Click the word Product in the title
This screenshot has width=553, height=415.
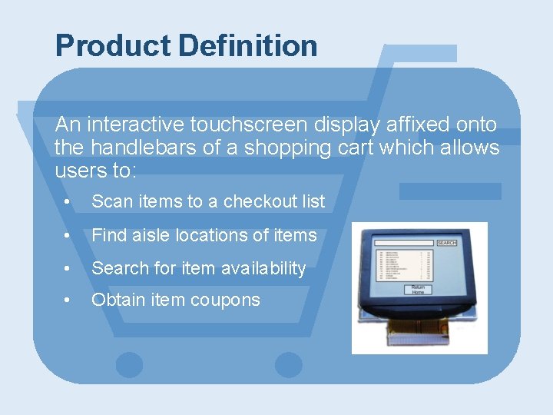click(113, 46)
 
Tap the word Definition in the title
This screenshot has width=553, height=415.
click(248, 46)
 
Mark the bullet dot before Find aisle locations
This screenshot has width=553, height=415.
click(69, 235)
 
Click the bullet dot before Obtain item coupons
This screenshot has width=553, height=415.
click(69, 300)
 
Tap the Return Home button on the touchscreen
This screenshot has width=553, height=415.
click(418, 290)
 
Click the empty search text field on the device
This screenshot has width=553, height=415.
click(404, 243)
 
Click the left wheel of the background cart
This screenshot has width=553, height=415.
click(129, 364)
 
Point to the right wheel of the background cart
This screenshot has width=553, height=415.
click(288, 364)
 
